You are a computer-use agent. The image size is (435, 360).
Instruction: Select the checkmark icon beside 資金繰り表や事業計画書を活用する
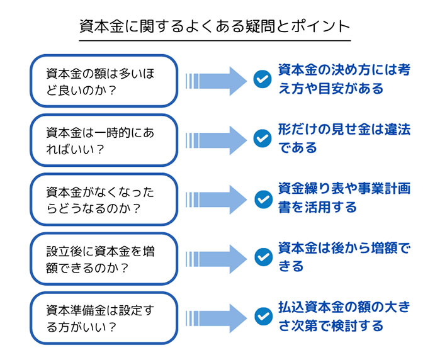(262, 198)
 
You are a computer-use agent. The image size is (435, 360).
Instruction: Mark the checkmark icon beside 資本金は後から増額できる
(262, 257)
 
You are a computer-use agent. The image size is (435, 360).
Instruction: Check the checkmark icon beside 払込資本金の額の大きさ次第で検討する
(262, 317)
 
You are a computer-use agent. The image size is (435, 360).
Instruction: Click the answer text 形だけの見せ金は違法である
(344, 139)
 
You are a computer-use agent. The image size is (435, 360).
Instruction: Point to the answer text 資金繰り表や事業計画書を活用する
(344, 198)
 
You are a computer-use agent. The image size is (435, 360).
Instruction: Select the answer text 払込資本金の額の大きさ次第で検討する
(344, 317)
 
